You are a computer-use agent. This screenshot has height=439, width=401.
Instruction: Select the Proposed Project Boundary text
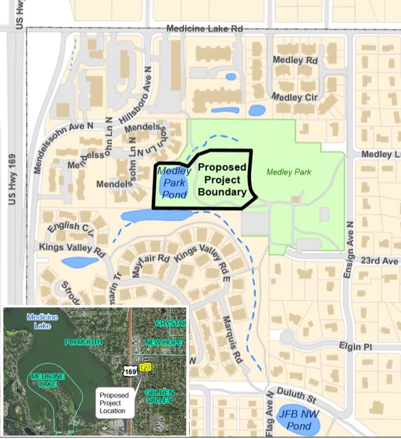(222, 179)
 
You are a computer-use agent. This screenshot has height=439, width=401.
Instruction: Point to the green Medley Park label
(289, 172)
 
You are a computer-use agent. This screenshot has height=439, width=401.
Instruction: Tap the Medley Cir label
(295, 97)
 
